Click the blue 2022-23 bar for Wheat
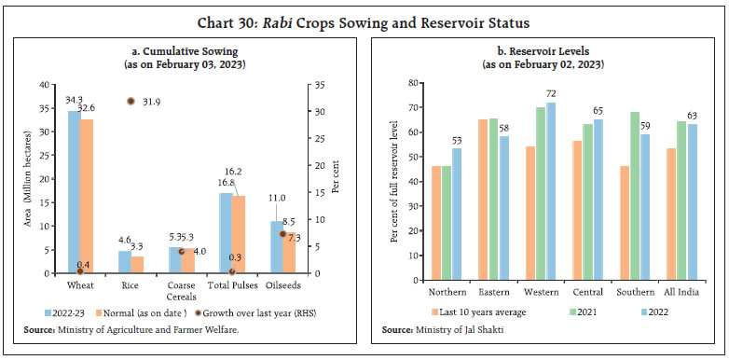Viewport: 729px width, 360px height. tap(74, 192)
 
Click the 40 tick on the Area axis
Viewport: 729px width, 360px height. tap(54, 85)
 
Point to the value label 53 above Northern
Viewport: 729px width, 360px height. tap(457, 140)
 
